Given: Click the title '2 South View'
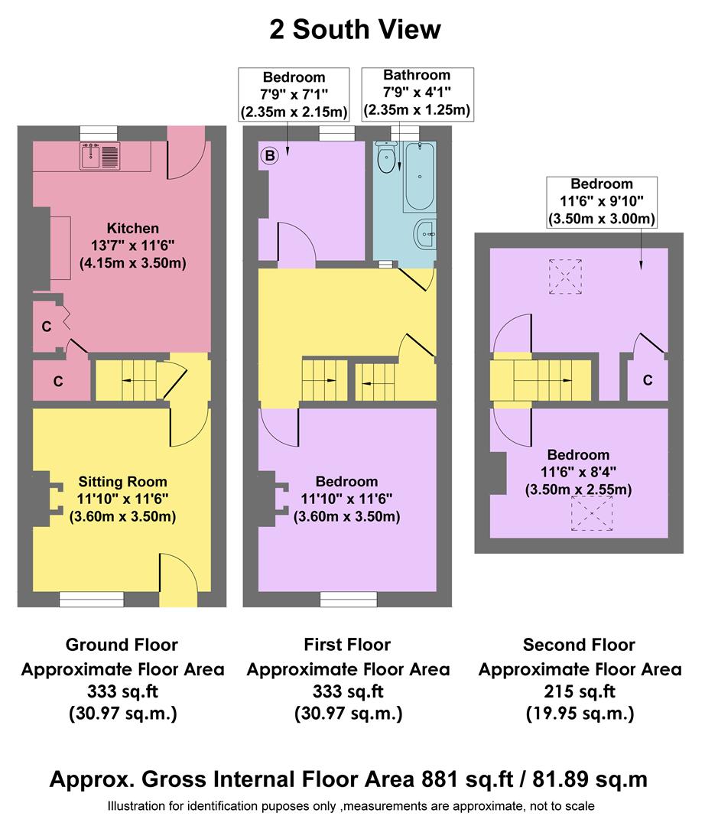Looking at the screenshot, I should tap(355, 30).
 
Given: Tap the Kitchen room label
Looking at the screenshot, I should tap(133, 228).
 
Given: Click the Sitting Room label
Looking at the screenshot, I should tap(122, 482).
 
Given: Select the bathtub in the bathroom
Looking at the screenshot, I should tap(419, 177).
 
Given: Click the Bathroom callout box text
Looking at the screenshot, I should tap(417, 93).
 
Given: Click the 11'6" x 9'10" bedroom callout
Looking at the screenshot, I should tap(601, 202).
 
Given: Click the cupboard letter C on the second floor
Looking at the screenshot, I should tap(647, 380).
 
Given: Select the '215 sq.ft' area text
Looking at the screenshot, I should tap(579, 692).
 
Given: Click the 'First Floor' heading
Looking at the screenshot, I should tap(349, 645).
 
